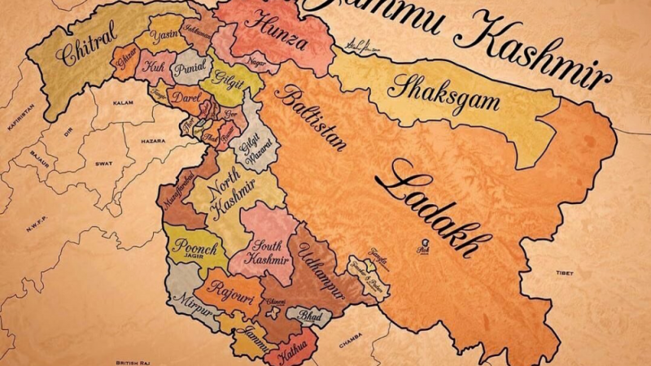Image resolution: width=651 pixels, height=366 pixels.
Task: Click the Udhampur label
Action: [x=321, y=264]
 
